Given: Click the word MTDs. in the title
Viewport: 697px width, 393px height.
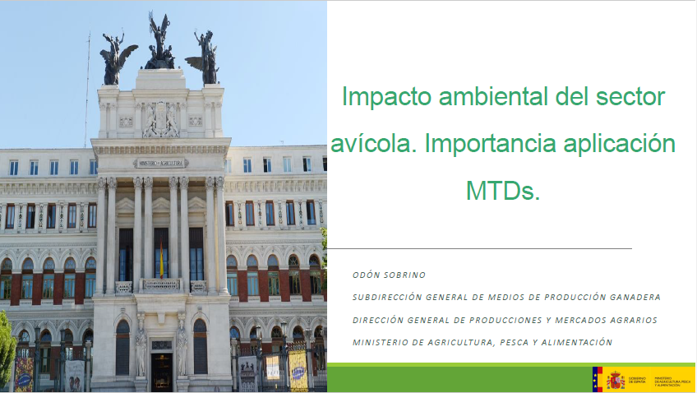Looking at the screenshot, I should pos(502,190).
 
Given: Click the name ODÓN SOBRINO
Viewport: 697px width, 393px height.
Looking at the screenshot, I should pos(389,275).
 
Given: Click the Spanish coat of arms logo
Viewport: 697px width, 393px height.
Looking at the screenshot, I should pos(615,379).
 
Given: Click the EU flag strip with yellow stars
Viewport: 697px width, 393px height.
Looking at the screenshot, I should pos(598,379).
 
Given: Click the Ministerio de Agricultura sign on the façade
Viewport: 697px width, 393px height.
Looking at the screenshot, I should pos(160,163).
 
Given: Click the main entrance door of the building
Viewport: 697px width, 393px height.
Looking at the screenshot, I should pos(161,367).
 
